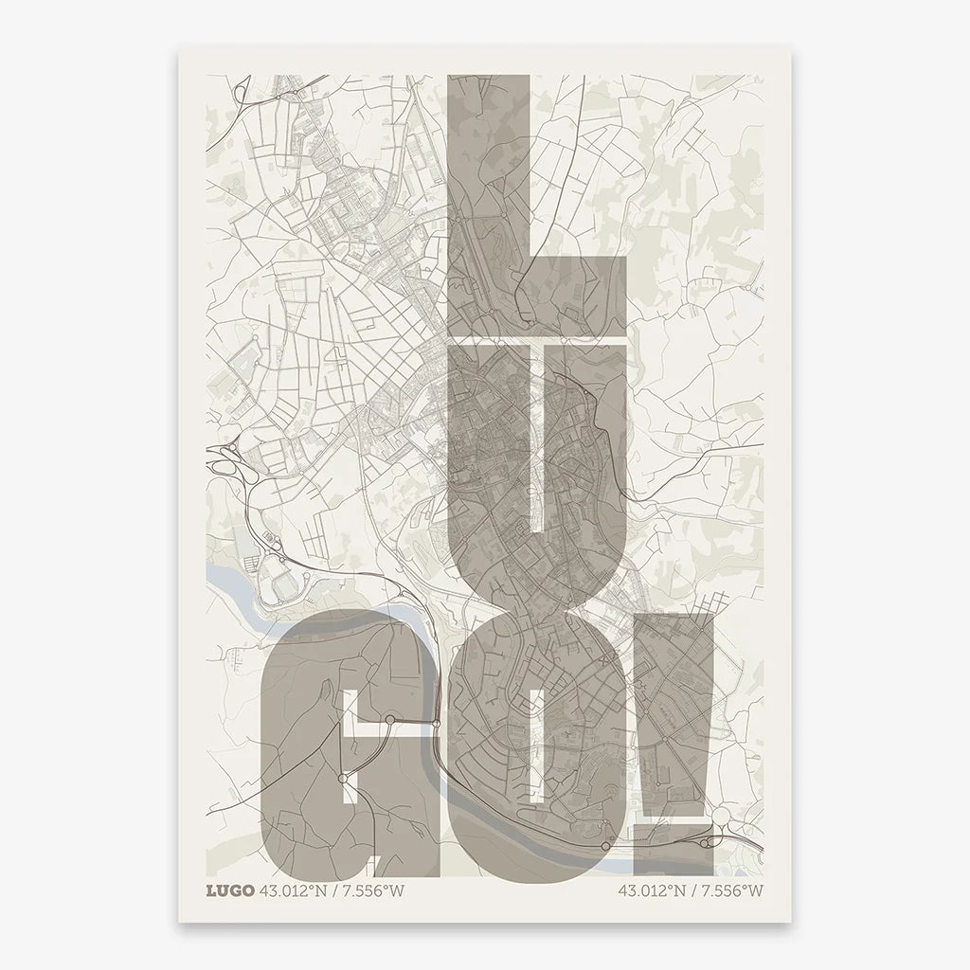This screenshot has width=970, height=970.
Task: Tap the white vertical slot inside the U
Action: point(536,436)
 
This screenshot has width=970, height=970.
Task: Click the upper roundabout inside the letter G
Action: point(389,722)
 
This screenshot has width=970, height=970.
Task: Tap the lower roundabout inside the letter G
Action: point(341,779)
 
